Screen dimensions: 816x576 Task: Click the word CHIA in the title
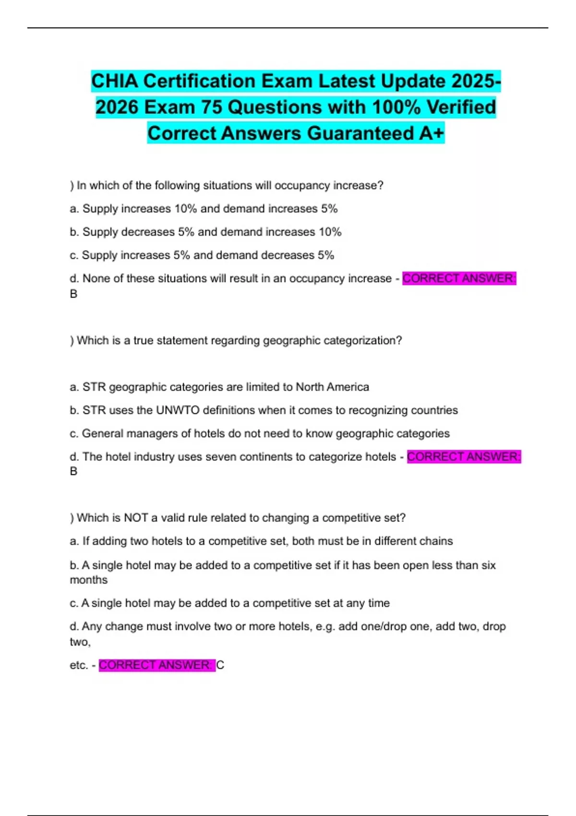click(114, 81)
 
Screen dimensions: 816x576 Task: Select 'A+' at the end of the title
click(432, 133)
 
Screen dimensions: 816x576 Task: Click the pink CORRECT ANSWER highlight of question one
click(459, 278)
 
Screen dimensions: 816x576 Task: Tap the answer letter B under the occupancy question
click(73, 294)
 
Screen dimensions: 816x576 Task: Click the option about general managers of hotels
click(260, 433)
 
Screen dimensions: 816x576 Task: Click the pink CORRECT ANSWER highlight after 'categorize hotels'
click(464, 457)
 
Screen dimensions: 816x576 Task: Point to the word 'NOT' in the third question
click(136, 518)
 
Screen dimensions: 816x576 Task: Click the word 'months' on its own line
click(89, 580)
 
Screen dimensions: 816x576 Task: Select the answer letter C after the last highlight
click(220, 665)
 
